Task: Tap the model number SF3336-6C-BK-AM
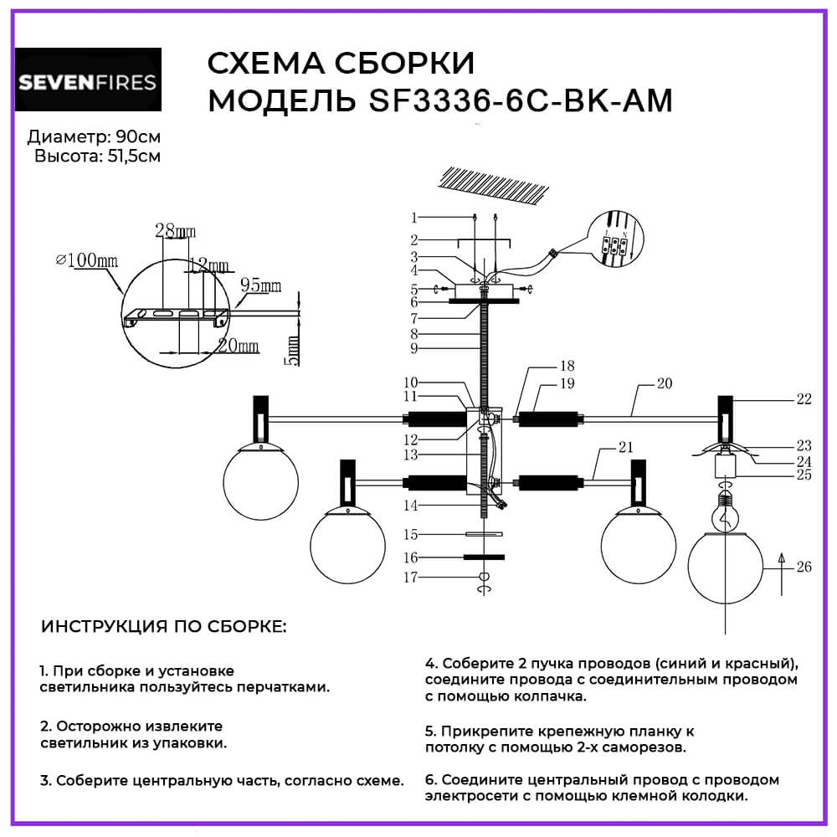tap(521, 100)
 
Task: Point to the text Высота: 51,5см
tap(98, 157)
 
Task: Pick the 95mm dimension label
tap(259, 286)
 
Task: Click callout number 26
tap(804, 567)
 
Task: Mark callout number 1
tap(413, 218)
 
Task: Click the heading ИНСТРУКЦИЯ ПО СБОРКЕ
tap(163, 627)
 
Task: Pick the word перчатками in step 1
tap(280, 687)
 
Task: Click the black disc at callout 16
tap(484, 557)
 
